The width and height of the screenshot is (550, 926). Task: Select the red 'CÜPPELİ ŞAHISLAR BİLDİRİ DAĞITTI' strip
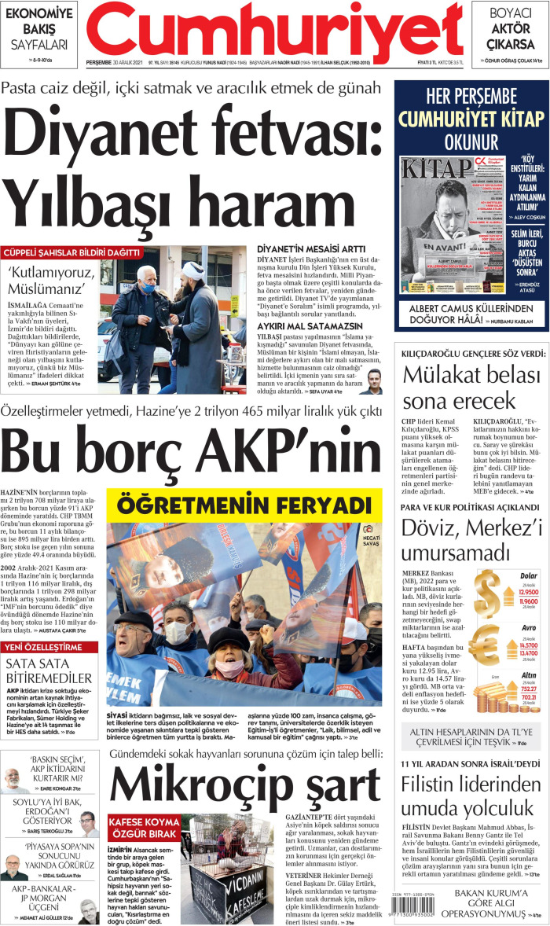[71, 253]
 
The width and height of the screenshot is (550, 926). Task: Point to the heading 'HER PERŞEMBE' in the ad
[471, 97]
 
